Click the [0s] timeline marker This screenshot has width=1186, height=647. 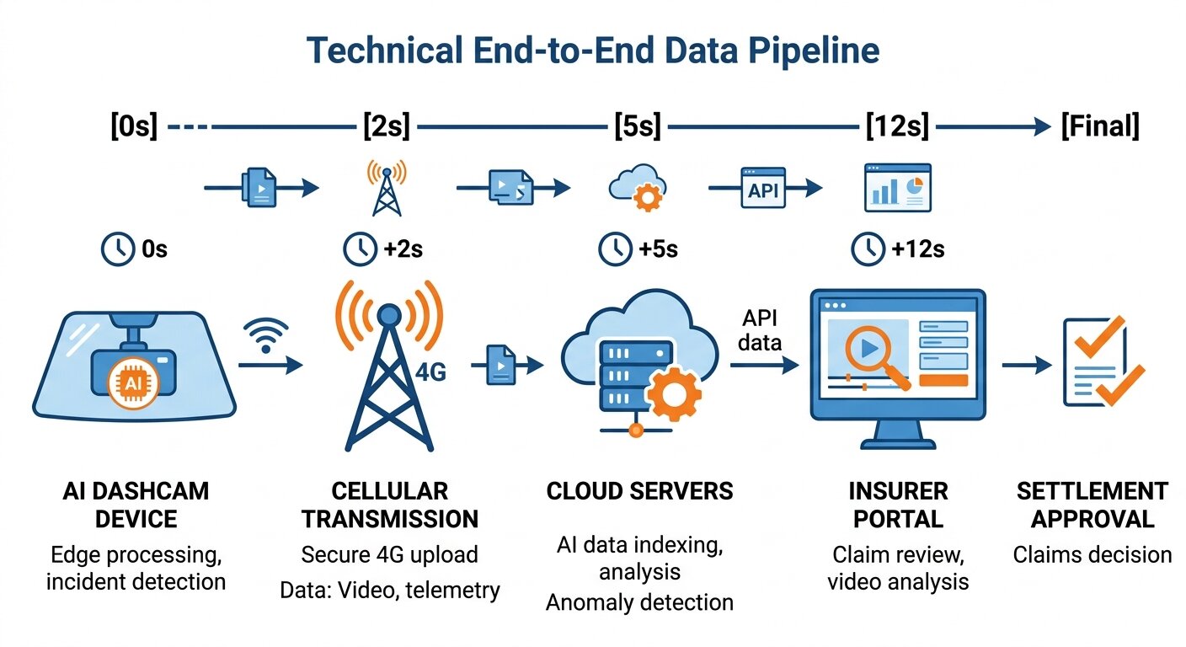[x=134, y=127]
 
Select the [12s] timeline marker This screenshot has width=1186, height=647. [x=897, y=127]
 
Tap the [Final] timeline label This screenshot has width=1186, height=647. [x=1100, y=127]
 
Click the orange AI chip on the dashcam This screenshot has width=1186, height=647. [x=134, y=384]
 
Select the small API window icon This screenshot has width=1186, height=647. [x=762, y=189]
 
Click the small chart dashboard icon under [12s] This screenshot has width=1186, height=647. [x=897, y=189]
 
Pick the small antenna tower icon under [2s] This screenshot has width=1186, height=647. [x=387, y=189]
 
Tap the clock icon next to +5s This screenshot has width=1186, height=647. [x=615, y=249]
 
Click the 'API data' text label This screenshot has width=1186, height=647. [x=761, y=330]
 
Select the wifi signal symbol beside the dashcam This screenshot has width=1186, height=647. [x=267, y=334]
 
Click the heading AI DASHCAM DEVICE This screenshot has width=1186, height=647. [x=135, y=504]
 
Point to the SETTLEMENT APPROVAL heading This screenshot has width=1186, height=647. [x=1092, y=504]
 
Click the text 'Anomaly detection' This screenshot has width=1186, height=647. [x=639, y=602]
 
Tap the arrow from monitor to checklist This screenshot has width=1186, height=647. [x=1028, y=366]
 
